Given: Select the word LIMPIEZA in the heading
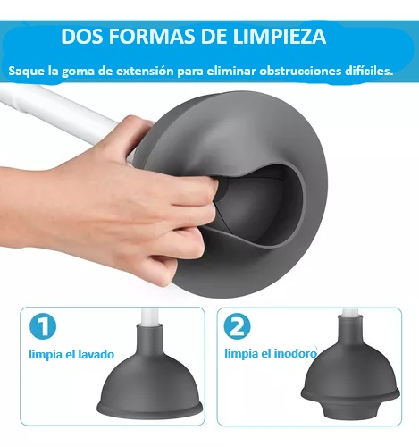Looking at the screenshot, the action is (280, 37).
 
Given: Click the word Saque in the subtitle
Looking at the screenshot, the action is (27, 72).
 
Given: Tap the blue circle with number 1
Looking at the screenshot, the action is (43, 326).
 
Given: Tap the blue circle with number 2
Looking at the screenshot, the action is (238, 326).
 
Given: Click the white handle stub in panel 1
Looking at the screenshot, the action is (150, 316).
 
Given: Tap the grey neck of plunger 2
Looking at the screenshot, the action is (350, 328).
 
